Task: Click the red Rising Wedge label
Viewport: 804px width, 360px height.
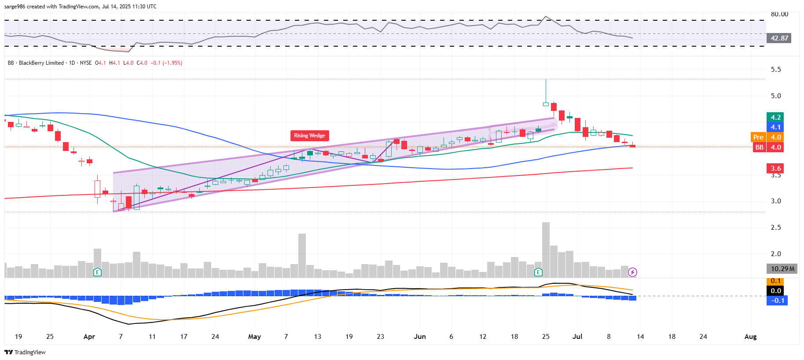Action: tap(309, 136)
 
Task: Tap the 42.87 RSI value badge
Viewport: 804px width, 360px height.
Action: tap(779, 38)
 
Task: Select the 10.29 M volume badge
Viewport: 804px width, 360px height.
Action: tap(782, 268)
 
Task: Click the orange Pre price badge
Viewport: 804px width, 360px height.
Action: tap(758, 137)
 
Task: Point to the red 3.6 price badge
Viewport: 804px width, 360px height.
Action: tap(776, 168)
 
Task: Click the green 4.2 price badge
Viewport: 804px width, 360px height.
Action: tap(776, 118)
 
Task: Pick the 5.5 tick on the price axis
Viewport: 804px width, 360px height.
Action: tap(776, 70)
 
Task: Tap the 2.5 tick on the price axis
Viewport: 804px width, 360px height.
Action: tap(776, 228)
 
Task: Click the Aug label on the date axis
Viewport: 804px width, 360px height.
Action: tap(750, 337)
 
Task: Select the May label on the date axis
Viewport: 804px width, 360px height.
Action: tap(254, 337)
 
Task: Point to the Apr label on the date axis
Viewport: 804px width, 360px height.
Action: tap(89, 337)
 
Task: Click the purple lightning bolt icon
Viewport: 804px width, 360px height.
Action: tap(632, 272)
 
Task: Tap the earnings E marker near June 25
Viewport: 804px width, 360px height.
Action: tap(538, 272)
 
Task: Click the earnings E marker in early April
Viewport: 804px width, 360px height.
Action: tap(97, 272)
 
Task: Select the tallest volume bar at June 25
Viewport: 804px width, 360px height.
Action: tap(546, 250)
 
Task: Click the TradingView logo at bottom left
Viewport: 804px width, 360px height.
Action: tap(25, 352)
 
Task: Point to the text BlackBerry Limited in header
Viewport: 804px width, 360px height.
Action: tap(41, 63)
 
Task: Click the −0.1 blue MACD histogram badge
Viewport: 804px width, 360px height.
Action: tap(777, 301)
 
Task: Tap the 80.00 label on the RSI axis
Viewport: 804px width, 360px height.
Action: tap(779, 14)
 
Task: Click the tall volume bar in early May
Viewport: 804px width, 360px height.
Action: tap(302, 255)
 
